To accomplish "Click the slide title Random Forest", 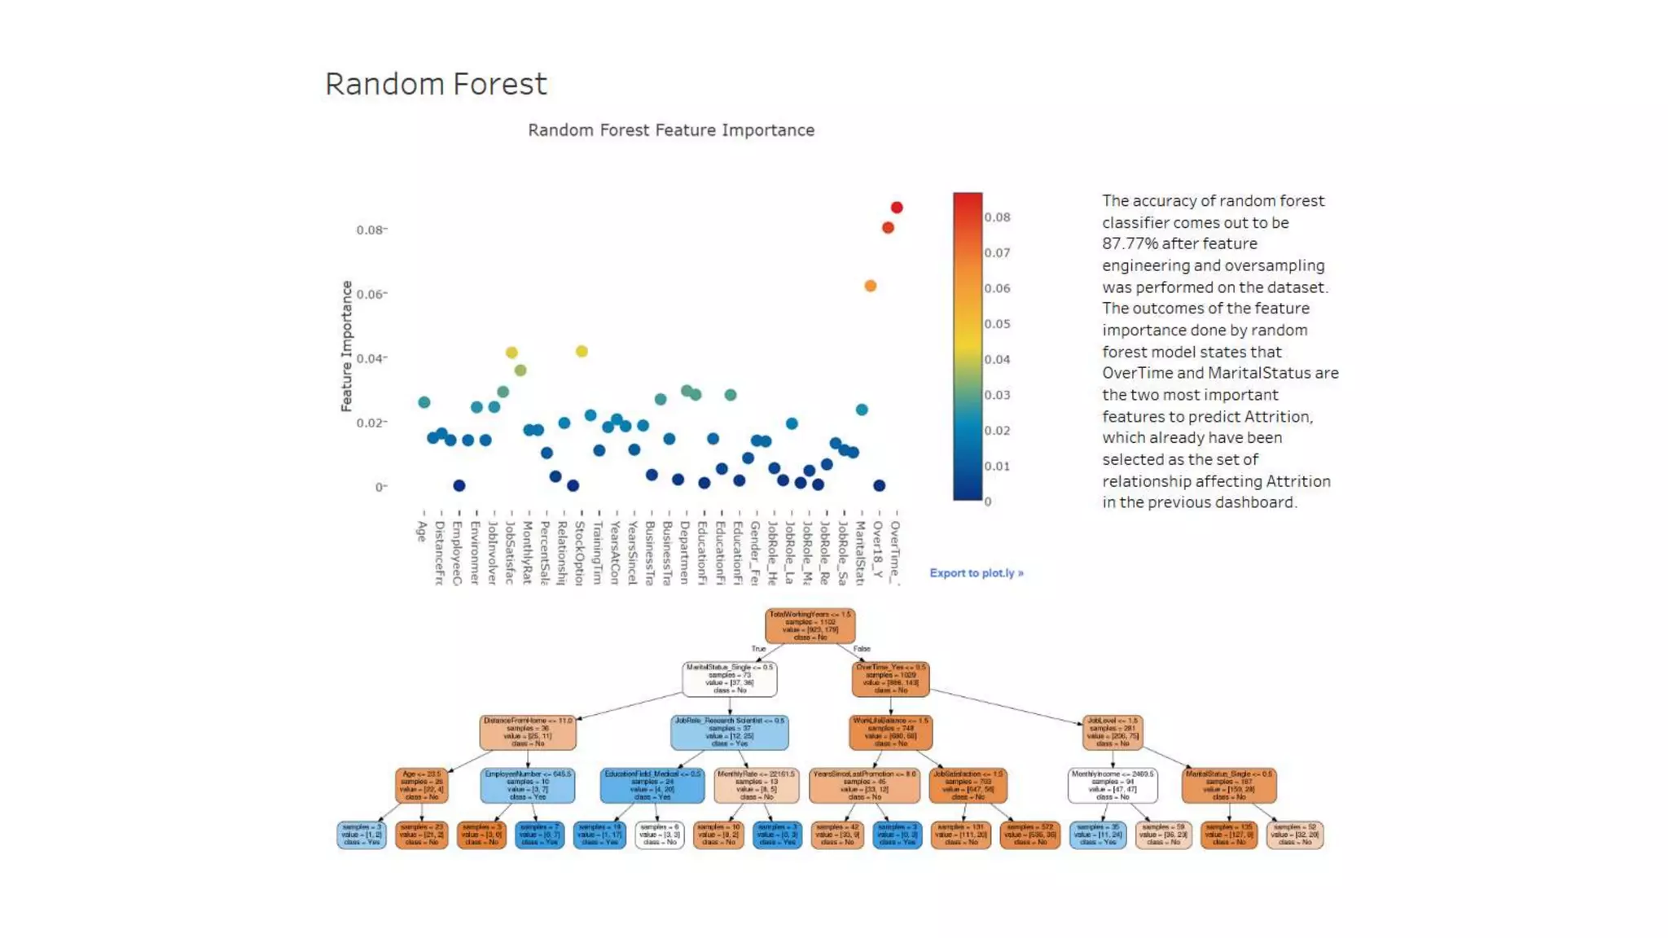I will click(436, 84).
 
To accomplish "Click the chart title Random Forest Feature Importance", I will click(670, 130).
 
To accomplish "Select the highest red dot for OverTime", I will click(897, 208).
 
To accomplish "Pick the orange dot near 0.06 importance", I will click(871, 286).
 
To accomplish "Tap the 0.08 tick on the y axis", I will click(370, 230).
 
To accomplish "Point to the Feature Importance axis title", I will click(346, 346).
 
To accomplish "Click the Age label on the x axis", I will click(422, 531).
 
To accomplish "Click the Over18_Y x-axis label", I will click(877, 549).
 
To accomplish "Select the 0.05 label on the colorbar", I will click(997, 324).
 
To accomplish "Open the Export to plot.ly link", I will click(976, 573).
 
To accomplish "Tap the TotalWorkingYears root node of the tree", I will click(810, 625).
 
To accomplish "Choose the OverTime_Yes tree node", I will click(890, 678).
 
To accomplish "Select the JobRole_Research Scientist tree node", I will click(729, 732).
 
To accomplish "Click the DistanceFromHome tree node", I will click(528, 732).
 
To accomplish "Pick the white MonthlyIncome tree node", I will click(1112, 785).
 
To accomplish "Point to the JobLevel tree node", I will click(1112, 732).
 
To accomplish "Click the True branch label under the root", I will click(757, 649).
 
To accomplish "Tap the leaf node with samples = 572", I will click(1029, 835).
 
